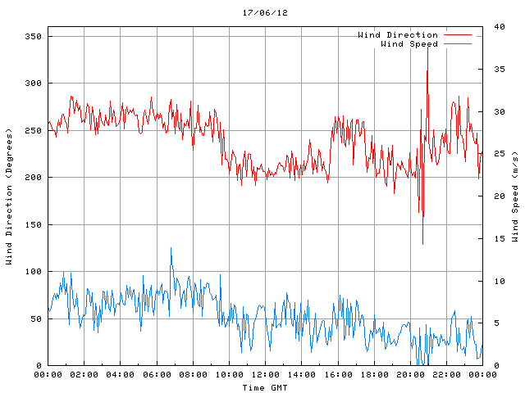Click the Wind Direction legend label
tap(397, 35)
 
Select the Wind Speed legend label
tap(409, 44)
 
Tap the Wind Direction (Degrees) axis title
tap(9, 196)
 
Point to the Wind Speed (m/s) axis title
tap(514, 196)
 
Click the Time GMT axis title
tap(264, 387)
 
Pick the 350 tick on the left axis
tap(33, 37)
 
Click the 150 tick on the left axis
tap(33, 224)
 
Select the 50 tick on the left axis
tap(35, 318)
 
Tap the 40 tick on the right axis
tap(498, 27)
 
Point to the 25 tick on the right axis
tap(498, 154)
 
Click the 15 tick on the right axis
tap(498, 238)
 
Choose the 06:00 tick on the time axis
tap(156, 374)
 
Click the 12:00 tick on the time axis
tap(265, 374)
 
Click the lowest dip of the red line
tap(423, 244)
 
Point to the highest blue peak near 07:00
tap(171, 248)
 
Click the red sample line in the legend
tap(458, 35)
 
